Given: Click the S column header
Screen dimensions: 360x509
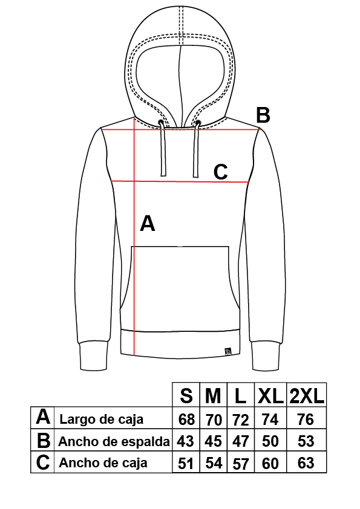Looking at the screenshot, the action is pyautogui.click(x=186, y=396).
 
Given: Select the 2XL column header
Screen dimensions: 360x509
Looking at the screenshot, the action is pyautogui.click(x=307, y=396).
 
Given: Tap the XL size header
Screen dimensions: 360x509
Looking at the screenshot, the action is pyautogui.click(x=270, y=396).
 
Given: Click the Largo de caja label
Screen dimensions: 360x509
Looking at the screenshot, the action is pyautogui.click(x=102, y=419).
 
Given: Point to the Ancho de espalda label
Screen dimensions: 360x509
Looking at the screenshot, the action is pyautogui.click(x=114, y=441).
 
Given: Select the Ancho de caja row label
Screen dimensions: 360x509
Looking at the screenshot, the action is pyautogui.click(x=103, y=462).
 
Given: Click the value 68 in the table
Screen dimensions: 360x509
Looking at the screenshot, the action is pyautogui.click(x=186, y=420).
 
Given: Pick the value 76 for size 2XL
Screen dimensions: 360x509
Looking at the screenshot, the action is pyautogui.click(x=306, y=420).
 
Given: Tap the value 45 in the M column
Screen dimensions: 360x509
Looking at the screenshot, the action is pyautogui.click(x=213, y=441).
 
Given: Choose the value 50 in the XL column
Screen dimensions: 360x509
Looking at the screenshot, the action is pyautogui.click(x=270, y=441).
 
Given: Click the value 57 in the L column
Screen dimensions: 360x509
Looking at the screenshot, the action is pyautogui.click(x=241, y=464).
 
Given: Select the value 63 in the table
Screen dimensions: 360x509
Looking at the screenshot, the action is pyautogui.click(x=306, y=463).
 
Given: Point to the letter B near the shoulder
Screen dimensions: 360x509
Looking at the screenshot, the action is pyautogui.click(x=263, y=115).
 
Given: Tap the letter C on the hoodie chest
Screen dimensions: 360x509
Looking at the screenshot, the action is pyautogui.click(x=221, y=172).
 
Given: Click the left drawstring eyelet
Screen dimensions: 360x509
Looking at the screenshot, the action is pyautogui.click(x=161, y=122).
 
